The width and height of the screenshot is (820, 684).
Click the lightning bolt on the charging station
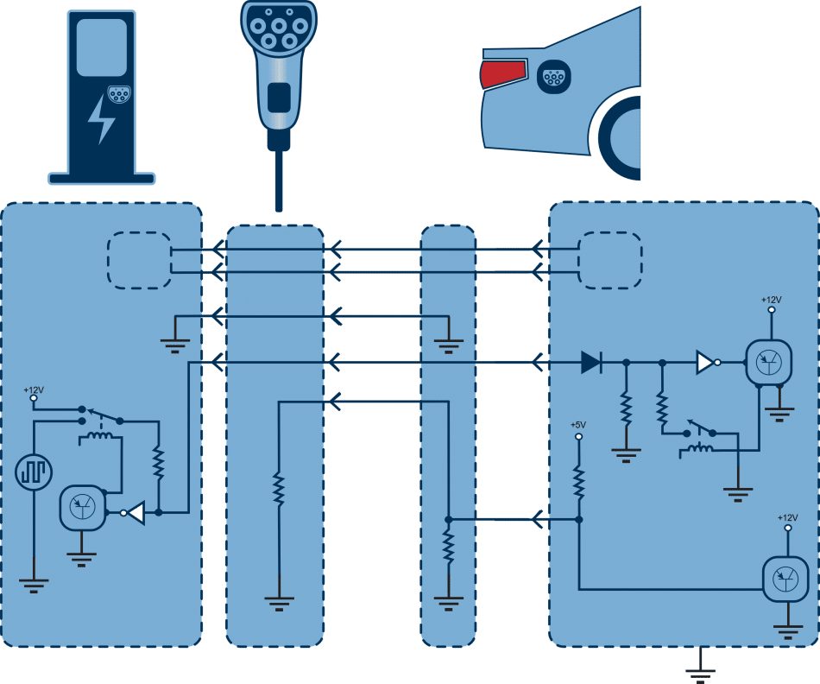101,119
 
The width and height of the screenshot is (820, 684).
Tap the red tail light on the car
502,73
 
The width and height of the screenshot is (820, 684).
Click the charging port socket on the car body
554,77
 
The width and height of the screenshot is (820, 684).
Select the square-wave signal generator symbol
34,472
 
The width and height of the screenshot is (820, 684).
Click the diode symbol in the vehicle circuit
592,362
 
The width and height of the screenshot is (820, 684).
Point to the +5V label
577,424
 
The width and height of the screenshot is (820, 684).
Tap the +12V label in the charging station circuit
34,389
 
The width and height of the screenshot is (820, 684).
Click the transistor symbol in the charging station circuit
83,508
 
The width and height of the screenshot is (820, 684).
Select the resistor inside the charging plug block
279,490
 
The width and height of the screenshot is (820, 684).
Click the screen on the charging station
102,47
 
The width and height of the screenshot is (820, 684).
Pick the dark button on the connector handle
279,97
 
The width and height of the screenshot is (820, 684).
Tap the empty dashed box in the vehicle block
609,260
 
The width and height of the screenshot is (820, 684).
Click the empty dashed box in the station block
139,260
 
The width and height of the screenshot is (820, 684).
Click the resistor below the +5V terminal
578,481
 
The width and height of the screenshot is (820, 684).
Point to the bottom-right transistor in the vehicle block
785,579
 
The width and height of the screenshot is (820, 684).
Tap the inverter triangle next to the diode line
707,362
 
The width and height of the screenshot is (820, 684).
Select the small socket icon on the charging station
119,94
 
